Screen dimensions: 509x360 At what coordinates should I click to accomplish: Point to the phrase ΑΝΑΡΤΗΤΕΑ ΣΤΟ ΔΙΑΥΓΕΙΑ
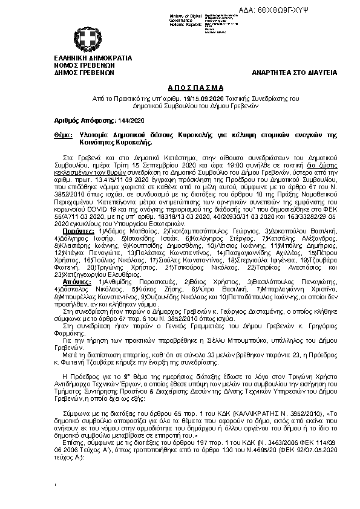(295, 73)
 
